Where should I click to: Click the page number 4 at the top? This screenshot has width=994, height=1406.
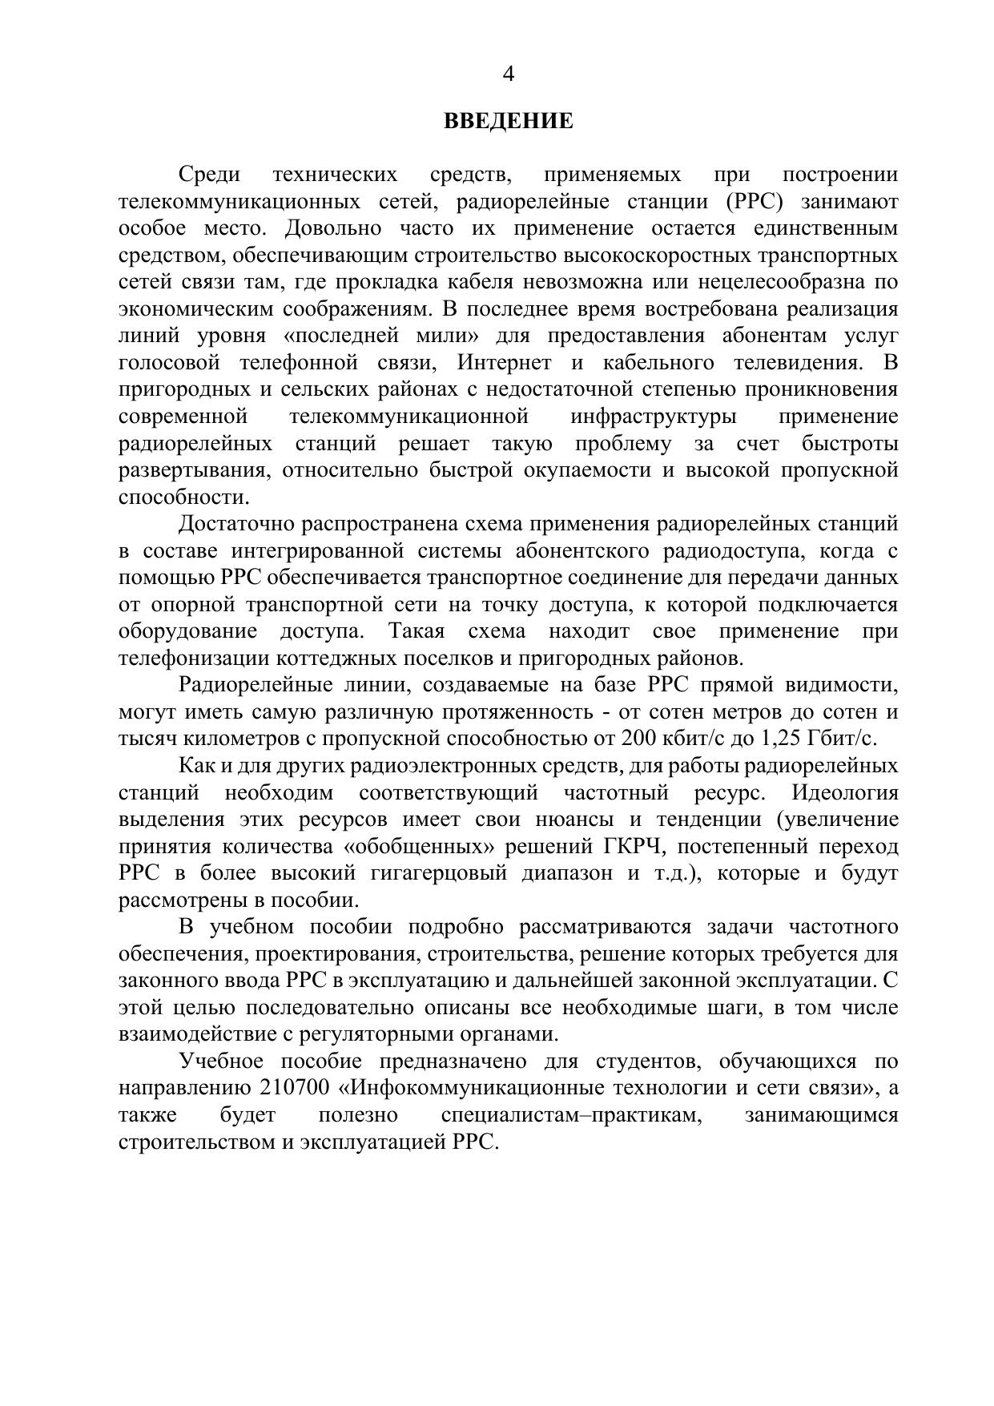[x=508, y=75]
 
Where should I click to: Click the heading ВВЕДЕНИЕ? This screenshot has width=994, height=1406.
[x=509, y=122]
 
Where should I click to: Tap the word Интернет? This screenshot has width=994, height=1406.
[x=504, y=363]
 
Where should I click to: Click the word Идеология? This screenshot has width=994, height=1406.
[x=845, y=793]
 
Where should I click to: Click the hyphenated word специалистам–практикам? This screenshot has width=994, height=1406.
[x=571, y=1115]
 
